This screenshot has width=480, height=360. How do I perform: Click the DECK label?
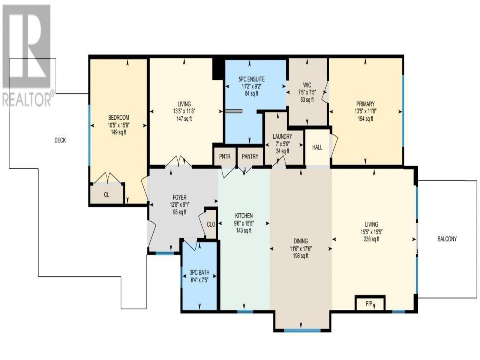coord(60,140)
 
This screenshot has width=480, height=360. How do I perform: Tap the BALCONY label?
coord(447,239)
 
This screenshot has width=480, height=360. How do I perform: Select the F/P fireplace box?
coord(370,303)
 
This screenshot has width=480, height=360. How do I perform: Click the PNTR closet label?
coord(225,156)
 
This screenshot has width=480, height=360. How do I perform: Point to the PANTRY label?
coord(250,156)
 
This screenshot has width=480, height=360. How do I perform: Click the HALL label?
coord(317,147)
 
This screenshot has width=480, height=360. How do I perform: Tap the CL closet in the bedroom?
coord(106,195)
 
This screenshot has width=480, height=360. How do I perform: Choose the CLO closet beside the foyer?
coord(211,225)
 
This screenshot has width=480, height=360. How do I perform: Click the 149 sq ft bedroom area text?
coord(118,132)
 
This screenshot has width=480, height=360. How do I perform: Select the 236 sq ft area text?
coord(371,239)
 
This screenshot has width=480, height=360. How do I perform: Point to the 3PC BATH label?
coord(199,273)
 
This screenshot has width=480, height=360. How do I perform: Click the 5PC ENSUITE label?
coord(252,79)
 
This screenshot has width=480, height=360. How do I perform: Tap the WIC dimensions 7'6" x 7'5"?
coord(307,93)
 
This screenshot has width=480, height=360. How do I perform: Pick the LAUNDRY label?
coord(282,136)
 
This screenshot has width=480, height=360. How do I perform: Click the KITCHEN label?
coord(244,216)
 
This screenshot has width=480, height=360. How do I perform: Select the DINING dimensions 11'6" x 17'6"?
coord(301,249)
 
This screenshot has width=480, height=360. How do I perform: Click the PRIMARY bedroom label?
coord(365,104)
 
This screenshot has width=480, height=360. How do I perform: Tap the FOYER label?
coord(180,198)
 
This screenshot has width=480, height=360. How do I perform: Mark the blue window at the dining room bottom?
coord(302,330)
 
